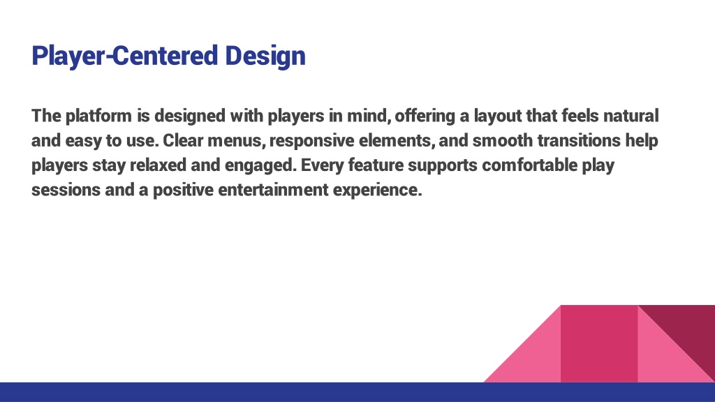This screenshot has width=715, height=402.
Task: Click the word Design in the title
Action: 265,56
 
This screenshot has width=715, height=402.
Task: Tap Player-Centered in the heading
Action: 124,56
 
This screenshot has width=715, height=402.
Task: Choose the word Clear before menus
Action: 183,140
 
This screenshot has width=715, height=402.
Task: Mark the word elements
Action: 397,140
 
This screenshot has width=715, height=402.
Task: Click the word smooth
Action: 503,140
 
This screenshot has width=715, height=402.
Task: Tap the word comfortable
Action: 530,165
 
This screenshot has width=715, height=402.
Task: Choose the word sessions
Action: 66,190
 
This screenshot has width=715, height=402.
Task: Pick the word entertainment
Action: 273,190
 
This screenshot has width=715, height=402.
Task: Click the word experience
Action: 378,190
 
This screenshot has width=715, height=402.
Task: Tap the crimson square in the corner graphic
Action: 599,343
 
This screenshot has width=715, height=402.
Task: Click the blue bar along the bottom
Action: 357,392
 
